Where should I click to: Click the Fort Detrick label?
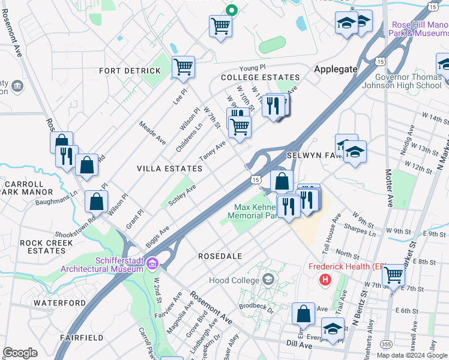(x=130, y=71)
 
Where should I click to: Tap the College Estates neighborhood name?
(x=260, y=78)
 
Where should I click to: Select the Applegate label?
(x=336, y=70)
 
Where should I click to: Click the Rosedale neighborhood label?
(x=220, y=256)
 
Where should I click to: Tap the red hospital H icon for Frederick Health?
(x=325, y=279)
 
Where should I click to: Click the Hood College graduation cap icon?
(x=268, y=280)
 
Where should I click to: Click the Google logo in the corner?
(x=20, y=353)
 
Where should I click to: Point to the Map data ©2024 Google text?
(x=411, y=355)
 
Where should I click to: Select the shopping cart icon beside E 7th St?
(x=393, y=275)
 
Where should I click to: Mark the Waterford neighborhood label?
(x=60, y=303)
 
